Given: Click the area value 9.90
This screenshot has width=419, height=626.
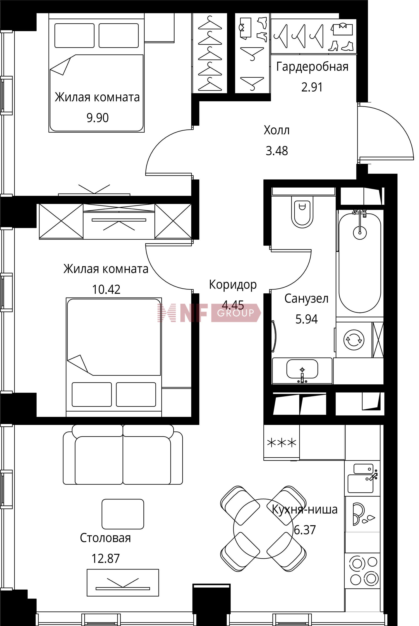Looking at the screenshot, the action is pyautogui.click(x=98, y=118).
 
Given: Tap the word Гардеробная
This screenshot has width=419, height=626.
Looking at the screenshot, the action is pyautogui.click(x=312, y=67).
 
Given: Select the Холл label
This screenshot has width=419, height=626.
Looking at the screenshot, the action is pyautogui.click(x=276, y=130).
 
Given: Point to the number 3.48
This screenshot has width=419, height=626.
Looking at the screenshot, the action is pyautogui.click(x=277, y=151).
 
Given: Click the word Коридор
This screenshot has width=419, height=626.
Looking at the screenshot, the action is pyautogui.click(x=233, y=285).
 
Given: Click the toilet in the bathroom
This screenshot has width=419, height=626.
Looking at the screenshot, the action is pyautogui.click(x=302, y=212).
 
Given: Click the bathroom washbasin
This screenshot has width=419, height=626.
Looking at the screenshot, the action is pyautogui.click(x=302, y=369).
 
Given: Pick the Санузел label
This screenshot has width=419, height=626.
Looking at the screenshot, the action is pyautogui.click(x=306, y=299).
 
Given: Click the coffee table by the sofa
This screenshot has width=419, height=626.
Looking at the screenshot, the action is pyautogui.click(x=123, y=514).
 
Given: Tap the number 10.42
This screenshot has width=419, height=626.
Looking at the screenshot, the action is pyautogui.click(x=106, y=289).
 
